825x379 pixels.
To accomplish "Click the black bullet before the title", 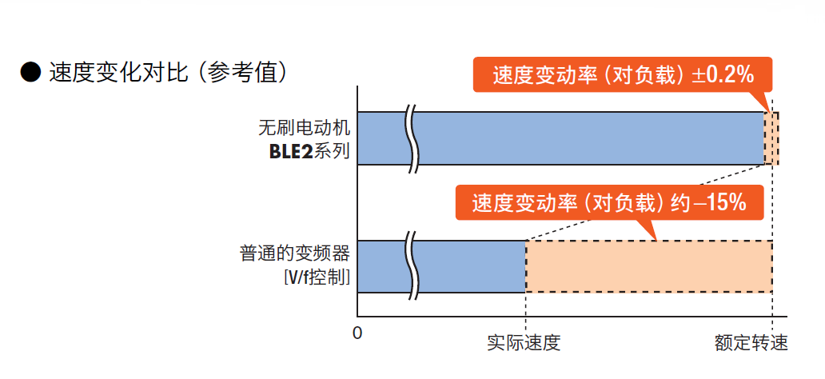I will tap(30, 74).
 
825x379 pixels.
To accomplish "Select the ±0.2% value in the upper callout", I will tap(723, 76).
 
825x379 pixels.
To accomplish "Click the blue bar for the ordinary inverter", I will tap(472, 266).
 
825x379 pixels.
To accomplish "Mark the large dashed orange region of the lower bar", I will tap(648, 266).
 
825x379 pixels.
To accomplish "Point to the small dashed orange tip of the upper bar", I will tap(772, 138).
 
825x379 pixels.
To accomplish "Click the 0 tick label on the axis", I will tap(357, 331).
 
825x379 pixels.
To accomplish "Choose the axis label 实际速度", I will tap(524, 344).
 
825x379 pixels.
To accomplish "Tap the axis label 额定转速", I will tap(751, 344).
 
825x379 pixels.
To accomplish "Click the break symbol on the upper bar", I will tap(413, 138).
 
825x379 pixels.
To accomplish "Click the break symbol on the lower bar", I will tap(413, 266).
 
